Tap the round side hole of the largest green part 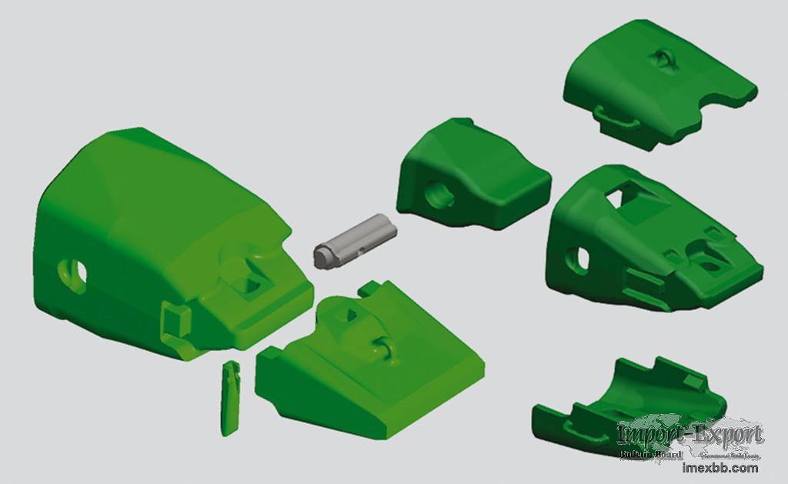[x=74, y=273]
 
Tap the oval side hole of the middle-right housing [x=579, y=259]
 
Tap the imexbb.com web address [x=720, y=467]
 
